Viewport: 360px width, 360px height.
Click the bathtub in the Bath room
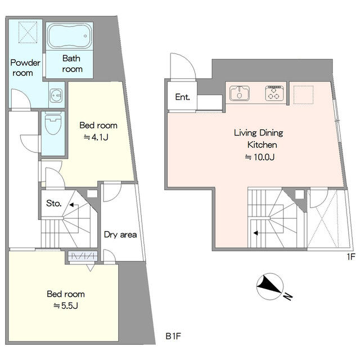[69, 36]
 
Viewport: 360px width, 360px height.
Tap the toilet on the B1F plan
[53, 123]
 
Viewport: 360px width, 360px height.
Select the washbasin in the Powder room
[56, 94]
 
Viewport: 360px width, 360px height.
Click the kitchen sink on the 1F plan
[240, 93]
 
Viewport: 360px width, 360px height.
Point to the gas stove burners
[274, 93]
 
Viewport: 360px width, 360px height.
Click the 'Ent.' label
[182, 97]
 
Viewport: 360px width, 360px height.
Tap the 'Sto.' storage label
[54, 203]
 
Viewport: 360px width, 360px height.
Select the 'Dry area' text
[120, 235]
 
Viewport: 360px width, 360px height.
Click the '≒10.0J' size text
[259, 157]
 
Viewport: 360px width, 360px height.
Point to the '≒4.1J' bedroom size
[96, 137]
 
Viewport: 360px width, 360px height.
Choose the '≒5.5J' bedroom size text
[66, 305]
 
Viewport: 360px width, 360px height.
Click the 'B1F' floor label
[173, 336]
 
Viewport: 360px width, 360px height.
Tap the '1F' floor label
[351, 256]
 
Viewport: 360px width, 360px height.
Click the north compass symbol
[269, 286]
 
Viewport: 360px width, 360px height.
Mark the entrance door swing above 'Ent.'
[183, 66]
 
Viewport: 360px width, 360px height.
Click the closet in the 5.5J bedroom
[83, 256]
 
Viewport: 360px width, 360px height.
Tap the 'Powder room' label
[25, 67]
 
